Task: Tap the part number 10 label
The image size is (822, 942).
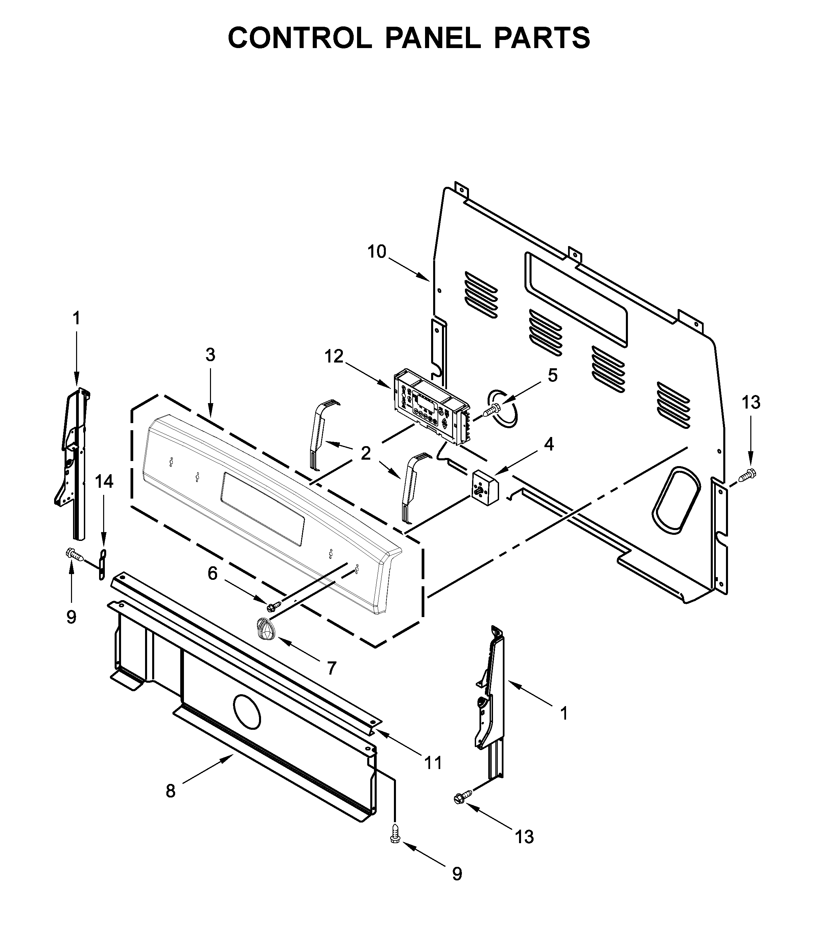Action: [x=377, y=252]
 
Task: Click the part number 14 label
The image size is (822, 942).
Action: [x=104, y=482]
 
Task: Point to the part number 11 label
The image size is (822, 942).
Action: [x=432, y=763]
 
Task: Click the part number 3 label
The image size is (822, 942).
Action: [x=210, y=355]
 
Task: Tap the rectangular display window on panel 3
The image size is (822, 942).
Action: [x=262, y=509]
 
